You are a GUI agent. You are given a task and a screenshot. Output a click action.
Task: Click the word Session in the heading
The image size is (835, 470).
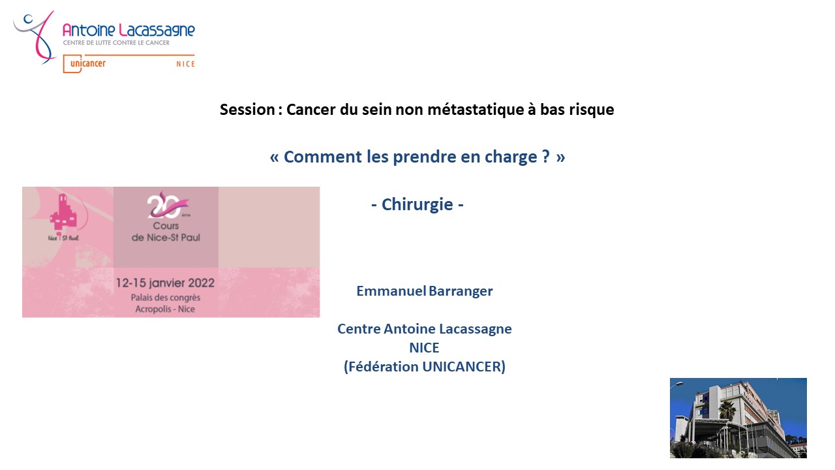coord(247,110)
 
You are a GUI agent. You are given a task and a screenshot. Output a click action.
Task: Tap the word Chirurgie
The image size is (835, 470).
coord(417,204)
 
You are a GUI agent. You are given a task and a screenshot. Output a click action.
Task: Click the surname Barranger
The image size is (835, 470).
coord(461,291)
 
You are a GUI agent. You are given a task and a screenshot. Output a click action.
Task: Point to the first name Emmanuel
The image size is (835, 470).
coord(391,291)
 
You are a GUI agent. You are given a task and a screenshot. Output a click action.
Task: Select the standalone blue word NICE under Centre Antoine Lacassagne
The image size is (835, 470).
coord(424,348)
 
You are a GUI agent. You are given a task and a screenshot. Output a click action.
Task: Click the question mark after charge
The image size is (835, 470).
coord(546,156)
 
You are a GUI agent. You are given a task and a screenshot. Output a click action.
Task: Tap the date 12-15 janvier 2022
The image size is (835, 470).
coord(165,283)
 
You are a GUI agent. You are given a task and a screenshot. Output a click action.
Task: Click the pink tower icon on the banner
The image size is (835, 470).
coord(63,212)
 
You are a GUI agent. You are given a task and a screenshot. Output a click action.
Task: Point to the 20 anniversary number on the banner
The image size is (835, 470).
coord(166,205)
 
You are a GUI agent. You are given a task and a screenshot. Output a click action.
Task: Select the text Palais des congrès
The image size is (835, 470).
coord(166,298)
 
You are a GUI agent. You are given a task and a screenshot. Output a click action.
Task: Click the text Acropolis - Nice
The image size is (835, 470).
coord(165,309)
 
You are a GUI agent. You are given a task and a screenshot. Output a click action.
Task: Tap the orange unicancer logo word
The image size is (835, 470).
coord(88,63)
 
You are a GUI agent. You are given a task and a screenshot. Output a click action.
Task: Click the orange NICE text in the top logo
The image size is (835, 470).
coord(186,64)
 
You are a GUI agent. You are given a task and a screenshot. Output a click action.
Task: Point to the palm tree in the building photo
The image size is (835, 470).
coord(727,409)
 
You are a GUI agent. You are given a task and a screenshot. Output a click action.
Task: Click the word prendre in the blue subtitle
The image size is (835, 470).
coord(424,157)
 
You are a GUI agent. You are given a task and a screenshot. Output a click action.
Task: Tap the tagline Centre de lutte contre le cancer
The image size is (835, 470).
coord(116,43)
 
